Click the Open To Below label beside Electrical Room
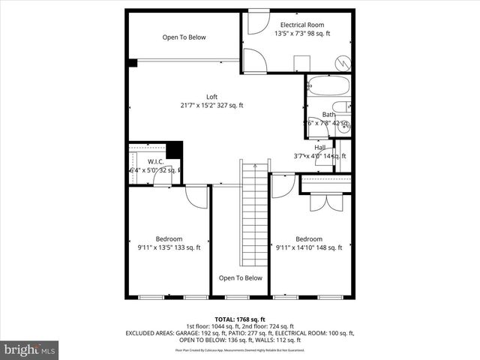tap(184, 37)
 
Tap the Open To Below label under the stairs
tap(240, 277)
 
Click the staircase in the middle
tap(254, 217)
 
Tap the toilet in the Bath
tap(341, 106)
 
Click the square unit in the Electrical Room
tap(302, 62)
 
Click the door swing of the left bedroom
tap(196, 198)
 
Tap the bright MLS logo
tap(30, 349)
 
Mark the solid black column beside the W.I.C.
tap(174, 149)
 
